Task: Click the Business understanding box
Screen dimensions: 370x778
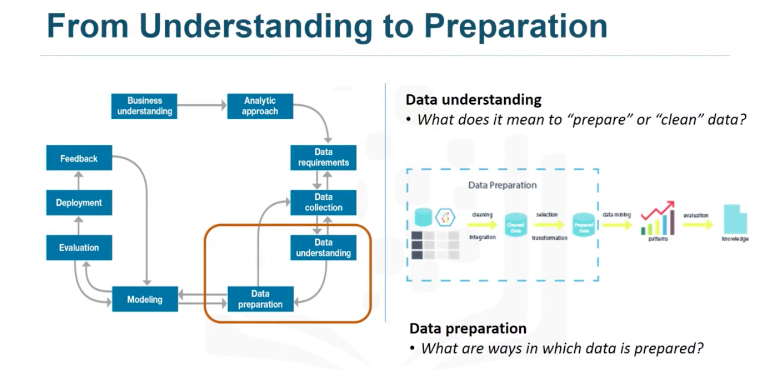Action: [x=144, y=106]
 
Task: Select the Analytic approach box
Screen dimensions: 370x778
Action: [x=260, y=106]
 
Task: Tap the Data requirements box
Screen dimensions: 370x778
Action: [x=323, y=158]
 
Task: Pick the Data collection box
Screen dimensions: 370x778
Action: [x=323, y=202]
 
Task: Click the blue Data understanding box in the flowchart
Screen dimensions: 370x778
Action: [x=323, y=248]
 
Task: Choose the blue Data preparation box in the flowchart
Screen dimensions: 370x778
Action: [x=260, y=299]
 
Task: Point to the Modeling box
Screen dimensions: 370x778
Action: [x=144, y=300]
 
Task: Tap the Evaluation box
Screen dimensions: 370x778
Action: [x=79, y=248]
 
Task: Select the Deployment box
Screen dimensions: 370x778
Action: [x=79, y=203]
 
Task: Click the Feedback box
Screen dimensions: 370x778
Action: [x=79, y=159]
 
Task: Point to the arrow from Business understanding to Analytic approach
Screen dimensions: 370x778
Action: [x=202, y=104]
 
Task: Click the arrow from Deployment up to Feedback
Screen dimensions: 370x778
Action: [x=79, y=180]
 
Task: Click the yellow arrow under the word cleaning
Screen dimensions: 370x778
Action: [x=481, y=225]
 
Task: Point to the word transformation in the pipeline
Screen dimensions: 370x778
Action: [x=549, y=237]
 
